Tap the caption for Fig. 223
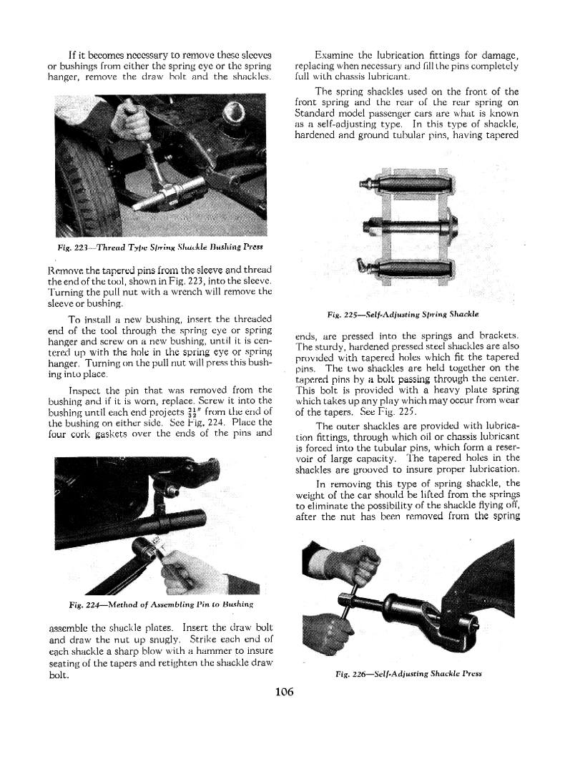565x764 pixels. [x=161, y=247]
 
